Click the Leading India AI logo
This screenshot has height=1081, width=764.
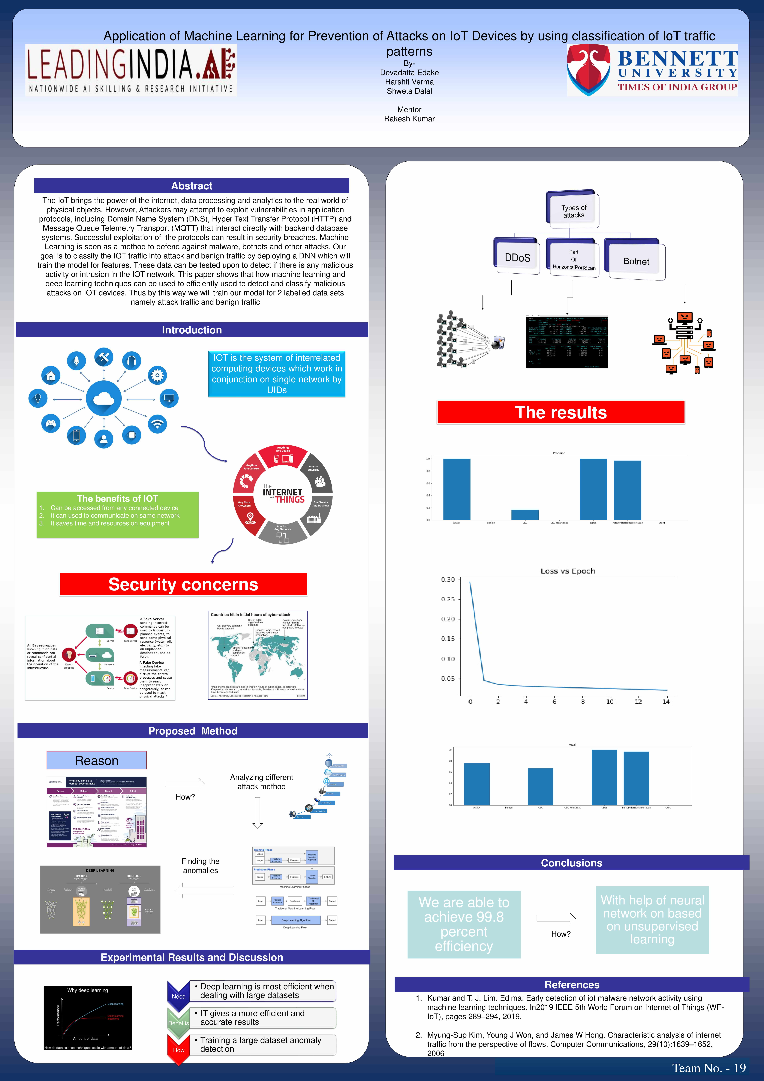131,70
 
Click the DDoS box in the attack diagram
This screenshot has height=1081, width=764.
517,257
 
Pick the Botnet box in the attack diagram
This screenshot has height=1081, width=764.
636,261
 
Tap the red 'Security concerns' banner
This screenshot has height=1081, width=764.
183,584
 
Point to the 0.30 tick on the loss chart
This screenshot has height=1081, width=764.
448,580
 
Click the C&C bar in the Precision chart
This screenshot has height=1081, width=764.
525,515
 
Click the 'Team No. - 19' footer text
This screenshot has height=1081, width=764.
709,1068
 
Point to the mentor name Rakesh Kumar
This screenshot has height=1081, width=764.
409,119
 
